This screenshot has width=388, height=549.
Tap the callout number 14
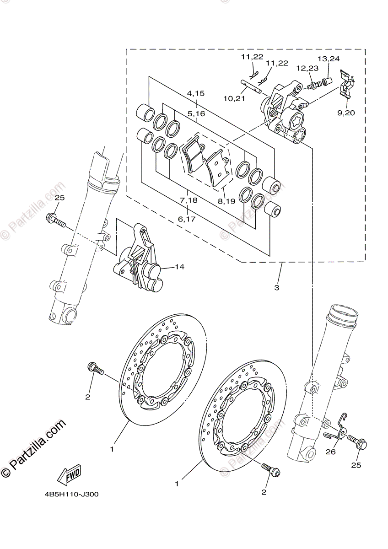coord(179,267)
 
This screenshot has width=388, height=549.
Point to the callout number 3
coord(276,288)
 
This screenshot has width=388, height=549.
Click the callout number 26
coord(343,452)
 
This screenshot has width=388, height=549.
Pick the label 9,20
coord(346,113)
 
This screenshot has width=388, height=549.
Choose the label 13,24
coord(329,59)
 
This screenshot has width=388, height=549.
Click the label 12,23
coord(307,68)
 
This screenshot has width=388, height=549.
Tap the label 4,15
coord(195,93)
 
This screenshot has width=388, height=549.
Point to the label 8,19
coord(227,200)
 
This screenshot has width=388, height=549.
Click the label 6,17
coord(187,219)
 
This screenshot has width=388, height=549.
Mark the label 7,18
coord(189,200)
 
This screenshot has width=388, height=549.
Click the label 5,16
coord(195,113)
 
